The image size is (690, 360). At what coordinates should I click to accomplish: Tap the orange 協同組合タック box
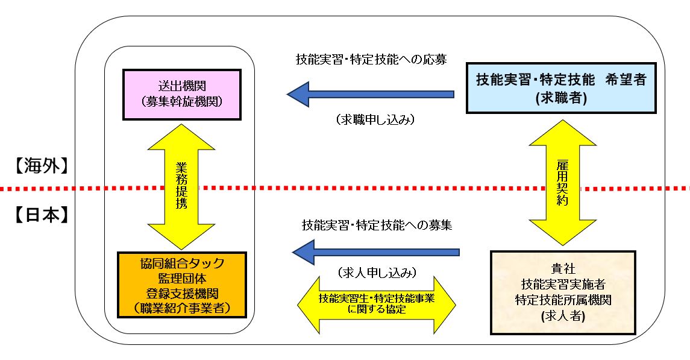click(x=181, y=285)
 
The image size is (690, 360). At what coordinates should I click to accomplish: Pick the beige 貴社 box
click(x=563, y=292)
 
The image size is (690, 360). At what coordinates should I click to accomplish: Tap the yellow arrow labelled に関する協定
click(x=377, y=304)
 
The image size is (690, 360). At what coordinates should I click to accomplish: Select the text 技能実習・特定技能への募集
click(x=377, y=226)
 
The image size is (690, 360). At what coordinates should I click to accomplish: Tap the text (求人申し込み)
click(x=377, y=273)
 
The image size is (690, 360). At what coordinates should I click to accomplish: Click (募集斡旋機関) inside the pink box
click(x=181, y=101)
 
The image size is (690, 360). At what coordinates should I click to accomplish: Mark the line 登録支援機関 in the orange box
click(x=181, y=293)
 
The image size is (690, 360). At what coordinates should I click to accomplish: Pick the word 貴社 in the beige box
click(x=563, y=268)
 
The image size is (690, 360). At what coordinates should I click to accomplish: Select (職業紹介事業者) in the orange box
click(x=181, y=308)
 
